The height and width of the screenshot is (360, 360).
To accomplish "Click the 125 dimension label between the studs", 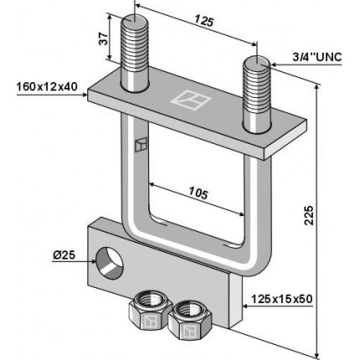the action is click(203, 21).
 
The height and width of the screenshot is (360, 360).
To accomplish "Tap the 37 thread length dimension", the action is click(104, 39).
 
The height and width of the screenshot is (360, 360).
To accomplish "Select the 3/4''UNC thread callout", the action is click(316, 57).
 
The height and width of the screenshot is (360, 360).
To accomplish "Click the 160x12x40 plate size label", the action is click(47, 87).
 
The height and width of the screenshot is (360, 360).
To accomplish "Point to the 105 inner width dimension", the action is click(198, 193).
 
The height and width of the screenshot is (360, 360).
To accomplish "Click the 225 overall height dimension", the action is click(309, 215).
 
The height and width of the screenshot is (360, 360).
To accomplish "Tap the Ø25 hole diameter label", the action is click(64, 255).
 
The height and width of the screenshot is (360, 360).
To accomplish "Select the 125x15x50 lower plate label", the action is click(281, 299).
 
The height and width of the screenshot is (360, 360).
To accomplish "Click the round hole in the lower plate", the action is click(110, 263).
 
